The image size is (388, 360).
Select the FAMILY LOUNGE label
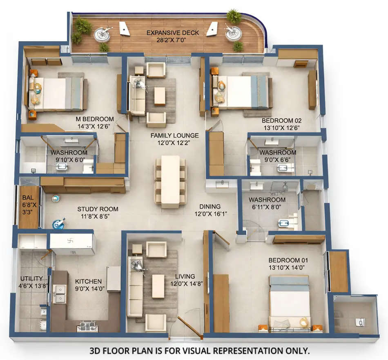coord(174,135)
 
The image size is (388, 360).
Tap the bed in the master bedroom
coord(57,93)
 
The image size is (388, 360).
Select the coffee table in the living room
coord(158,286)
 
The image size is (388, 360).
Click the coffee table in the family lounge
coord(160,96)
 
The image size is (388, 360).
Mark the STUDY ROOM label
coord(94,209)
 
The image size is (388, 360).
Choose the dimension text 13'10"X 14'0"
coord(288,268)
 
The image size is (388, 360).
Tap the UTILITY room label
coord(31,279)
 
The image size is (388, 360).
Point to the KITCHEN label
coord(88,281)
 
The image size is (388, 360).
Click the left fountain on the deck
coord(102,34)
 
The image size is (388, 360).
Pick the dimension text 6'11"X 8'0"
coord(267,207)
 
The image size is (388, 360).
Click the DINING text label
coord(210,207)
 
